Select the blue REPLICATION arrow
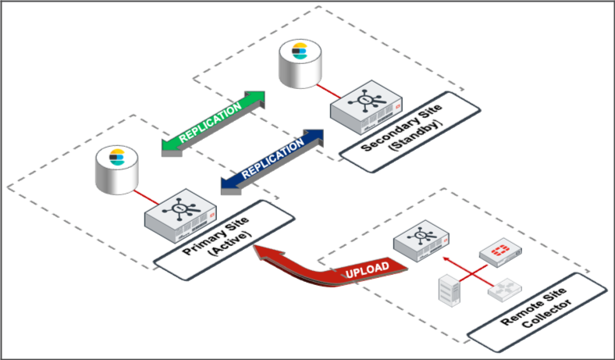point(272,159)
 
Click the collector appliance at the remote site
point(421,243)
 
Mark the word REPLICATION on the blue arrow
point(272,159)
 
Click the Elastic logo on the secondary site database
point(299,52)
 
